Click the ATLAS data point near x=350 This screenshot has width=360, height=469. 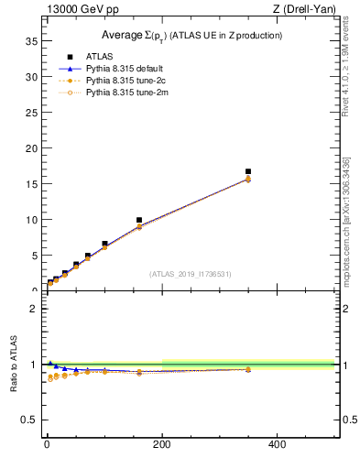247,171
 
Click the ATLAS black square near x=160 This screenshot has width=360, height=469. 139,220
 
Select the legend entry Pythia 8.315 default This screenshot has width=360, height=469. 126,68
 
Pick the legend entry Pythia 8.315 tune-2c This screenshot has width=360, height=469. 126,80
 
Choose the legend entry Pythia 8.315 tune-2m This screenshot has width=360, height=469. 126,92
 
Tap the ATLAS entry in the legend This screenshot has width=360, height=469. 99,56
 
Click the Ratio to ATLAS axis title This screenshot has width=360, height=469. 14,364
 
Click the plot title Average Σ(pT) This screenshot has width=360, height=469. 191,35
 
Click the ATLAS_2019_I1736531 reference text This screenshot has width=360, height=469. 191,274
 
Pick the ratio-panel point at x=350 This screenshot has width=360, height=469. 247,369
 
